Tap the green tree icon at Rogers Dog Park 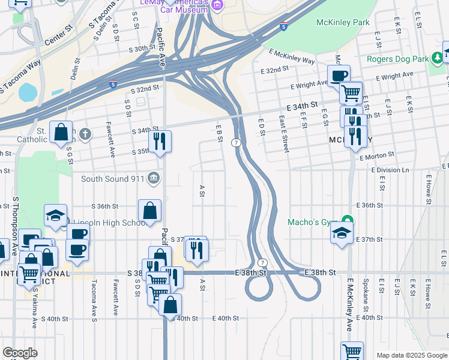click(439, 58)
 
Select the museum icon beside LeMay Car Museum click(217, 6)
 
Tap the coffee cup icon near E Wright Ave click(339, 76)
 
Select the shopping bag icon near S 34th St click(61, 132)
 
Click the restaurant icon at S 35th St click(160, 142)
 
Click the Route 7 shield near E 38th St click(262, 263)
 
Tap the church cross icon click(85, 133)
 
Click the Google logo click(20, 352)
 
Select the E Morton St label click(376, 157)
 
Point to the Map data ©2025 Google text click(411, 355)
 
